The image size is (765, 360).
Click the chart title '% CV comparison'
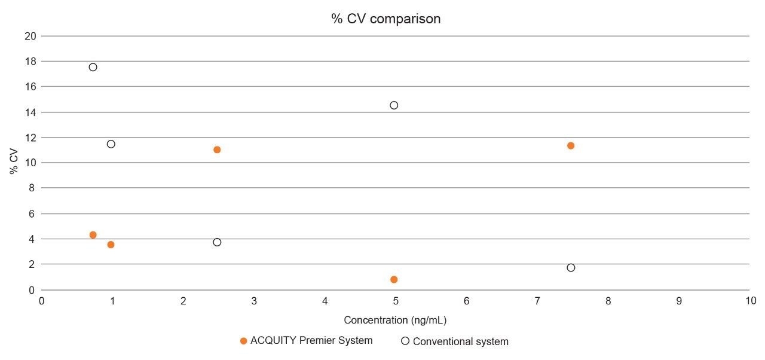[386, 19]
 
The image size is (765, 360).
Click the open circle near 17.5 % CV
[93, 67]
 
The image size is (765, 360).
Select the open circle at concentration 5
[394, 105]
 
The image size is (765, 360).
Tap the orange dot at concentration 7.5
[571, 145]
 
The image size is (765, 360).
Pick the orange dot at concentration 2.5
[217, 150]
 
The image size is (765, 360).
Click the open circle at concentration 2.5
[217, 242]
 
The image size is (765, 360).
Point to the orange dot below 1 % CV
[394, 279]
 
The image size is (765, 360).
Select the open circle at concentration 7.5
[571, 267]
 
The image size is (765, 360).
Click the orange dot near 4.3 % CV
[93, 235]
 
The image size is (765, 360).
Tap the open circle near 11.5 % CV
[111, 144]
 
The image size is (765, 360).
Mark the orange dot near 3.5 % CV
[111, 245]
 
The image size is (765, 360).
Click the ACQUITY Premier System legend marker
[243, 341]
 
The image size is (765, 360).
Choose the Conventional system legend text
[460, 342]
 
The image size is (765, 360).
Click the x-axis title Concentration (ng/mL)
[395, 320]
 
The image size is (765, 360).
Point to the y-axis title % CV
[14, 163]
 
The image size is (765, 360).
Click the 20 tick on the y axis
[30, 36]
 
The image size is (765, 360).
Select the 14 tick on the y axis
[30, 112]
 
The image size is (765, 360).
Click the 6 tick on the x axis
[466, 301]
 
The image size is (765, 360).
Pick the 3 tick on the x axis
[254, 301]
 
